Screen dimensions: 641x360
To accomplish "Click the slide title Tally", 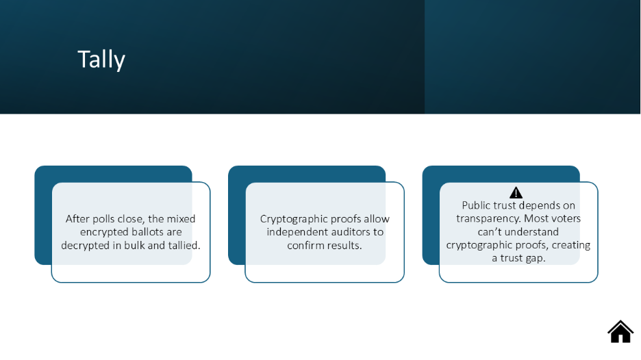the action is point(101,60).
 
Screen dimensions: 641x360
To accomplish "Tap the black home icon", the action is point(620,331).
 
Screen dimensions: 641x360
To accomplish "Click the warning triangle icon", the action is point(516,192).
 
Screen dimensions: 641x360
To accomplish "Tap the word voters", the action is point(566,218).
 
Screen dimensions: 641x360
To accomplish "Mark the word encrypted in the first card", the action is point(103,233).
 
